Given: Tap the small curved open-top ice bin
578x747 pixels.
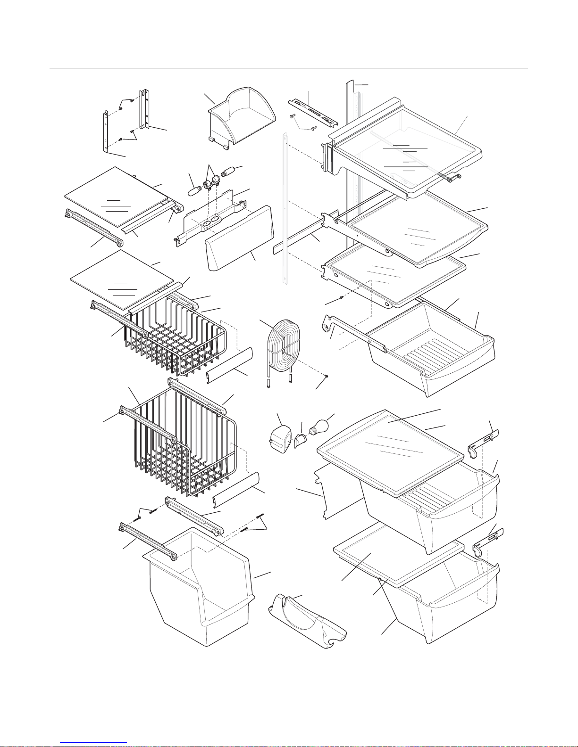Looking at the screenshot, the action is pyautogui.click(x=242, y=117).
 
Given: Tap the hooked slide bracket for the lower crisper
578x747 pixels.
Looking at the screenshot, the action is pyautogui.click(x=486, y=542).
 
